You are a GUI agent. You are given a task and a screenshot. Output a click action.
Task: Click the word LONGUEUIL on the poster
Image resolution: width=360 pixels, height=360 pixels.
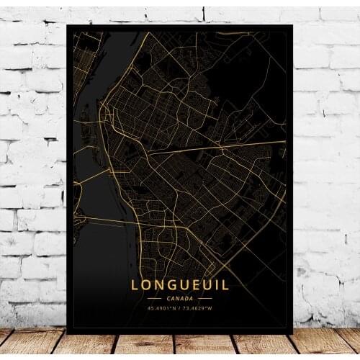coord(179,285)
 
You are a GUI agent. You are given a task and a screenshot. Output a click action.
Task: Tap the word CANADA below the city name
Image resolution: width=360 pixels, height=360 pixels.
coord(180,298)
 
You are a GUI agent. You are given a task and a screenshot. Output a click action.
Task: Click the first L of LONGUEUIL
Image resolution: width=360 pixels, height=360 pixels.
coord(135,285)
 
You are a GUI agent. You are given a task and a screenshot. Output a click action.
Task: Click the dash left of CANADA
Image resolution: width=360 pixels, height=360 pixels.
coord(154,298)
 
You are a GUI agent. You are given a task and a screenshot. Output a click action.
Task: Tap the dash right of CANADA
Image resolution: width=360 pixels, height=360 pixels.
coord(206,298)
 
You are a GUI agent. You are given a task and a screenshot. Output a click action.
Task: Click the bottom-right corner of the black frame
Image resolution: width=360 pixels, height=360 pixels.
coord(292,333)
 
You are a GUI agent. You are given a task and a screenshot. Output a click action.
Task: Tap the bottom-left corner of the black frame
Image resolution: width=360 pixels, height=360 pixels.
coord(67,333)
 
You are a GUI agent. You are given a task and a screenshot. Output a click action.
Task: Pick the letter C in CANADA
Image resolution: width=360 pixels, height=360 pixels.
coord(168,298)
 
